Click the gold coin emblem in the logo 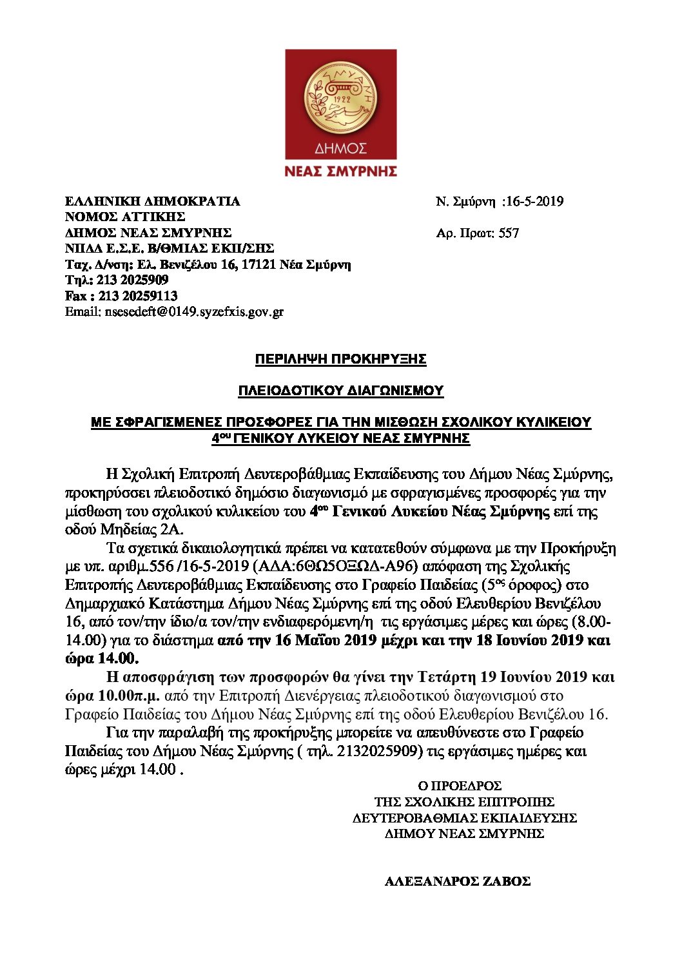[340, 96]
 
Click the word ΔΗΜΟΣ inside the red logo [340, 149]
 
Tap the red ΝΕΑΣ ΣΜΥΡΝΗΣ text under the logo [340, 171]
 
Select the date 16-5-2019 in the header [534, 201]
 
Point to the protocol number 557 [509, 233]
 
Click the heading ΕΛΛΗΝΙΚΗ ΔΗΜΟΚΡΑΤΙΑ [152, 201]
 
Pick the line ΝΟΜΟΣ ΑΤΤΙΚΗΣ [125, 217]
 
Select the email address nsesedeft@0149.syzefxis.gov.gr [193, 312]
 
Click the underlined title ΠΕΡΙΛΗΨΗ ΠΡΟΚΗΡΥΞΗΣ [340, 359]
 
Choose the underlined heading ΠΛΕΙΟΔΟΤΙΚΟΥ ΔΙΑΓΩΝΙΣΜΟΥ [340, 391]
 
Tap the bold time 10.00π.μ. [130, 696]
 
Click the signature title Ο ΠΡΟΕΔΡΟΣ [460, 786]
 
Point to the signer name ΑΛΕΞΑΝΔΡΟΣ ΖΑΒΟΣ [458, 881]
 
